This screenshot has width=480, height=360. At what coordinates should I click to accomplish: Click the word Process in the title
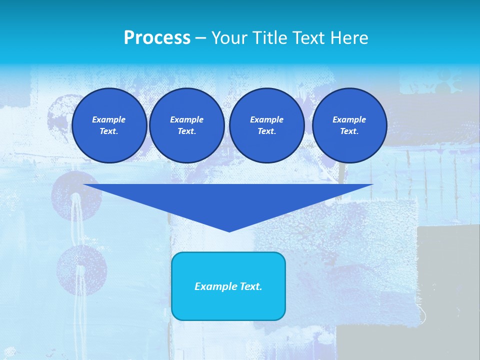tap(157, 38)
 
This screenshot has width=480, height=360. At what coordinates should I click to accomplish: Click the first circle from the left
tap(109, 125)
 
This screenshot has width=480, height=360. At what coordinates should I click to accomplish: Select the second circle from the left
tap(186, 125)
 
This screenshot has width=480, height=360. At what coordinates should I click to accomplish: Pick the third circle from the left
tap(266, 125)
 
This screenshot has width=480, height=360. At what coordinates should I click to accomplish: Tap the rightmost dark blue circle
tap(349, 125)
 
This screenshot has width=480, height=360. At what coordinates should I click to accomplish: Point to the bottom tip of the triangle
tap(229, 230)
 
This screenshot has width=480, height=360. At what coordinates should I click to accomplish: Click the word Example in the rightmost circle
tap(349, 119)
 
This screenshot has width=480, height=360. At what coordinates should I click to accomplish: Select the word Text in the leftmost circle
tap(108, 131)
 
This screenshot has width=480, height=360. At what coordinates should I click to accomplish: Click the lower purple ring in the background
tap(75, 270)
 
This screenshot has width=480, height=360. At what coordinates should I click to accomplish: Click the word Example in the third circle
tap(266, 119)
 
